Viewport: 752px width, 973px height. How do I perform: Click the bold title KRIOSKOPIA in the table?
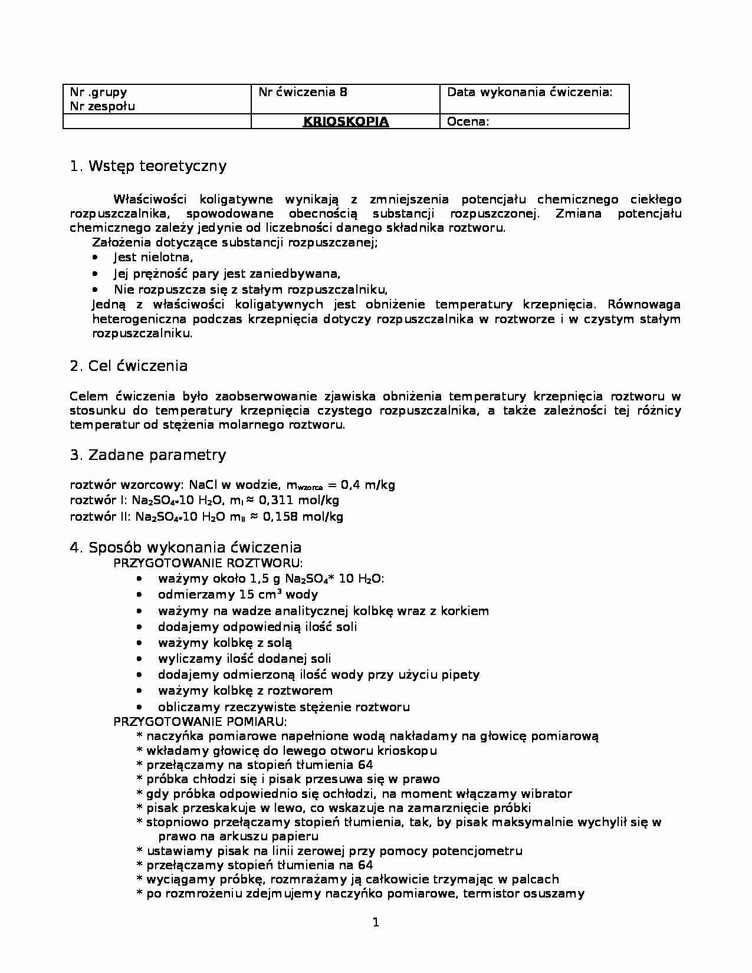(x=346, y=122)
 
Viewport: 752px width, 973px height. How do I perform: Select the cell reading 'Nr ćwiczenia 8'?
(x=303, y=92)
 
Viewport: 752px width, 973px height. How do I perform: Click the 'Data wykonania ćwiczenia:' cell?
(x=530, y=92)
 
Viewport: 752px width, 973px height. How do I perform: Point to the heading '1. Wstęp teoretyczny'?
(x=148, y=166)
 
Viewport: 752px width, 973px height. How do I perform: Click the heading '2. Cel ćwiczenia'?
(x=129, y=366)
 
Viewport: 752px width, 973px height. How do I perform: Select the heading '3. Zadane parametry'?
(x=147, y=455)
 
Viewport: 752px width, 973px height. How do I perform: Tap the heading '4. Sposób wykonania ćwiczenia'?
(x=185, y=548)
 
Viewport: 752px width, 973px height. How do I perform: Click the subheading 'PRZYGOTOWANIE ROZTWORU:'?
(x=208, y=563)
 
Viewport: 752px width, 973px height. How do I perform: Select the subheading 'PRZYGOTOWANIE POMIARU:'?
(x=200, y=722)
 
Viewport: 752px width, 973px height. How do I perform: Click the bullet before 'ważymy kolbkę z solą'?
(x=139, y=643)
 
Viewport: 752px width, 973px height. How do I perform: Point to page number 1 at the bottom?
(x=376, y=923)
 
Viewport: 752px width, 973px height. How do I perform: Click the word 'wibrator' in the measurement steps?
(x=547, y=794)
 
